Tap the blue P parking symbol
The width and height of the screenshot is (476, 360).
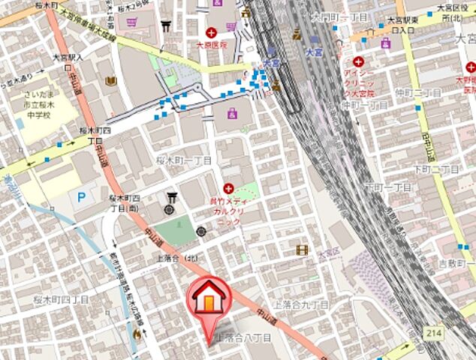pos(83,196)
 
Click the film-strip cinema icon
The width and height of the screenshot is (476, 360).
pos(302,250)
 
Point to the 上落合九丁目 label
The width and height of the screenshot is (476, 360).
pos(300,305)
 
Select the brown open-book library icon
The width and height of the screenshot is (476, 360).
pos(111,81)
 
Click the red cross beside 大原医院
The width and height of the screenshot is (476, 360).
pos(212,32)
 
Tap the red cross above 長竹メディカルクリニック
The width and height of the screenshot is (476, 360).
pos(228,189)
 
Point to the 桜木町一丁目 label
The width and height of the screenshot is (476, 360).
pos(185,160)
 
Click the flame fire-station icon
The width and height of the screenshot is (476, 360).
pos(136,332)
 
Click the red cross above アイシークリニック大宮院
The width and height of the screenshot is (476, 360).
pos(359,61)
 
